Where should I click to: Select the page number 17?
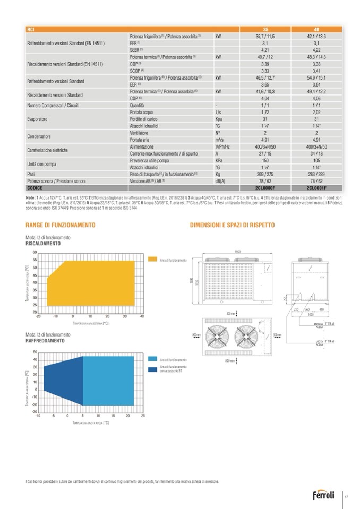point(346,497)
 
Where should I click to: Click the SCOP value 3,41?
point(316,70)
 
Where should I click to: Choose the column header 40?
point(316,29)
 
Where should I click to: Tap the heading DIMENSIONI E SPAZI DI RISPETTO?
point(232,226)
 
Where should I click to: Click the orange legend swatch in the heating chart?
point(153,260)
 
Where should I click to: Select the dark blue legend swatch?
point(153,368)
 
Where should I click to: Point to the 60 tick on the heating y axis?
point(35,252)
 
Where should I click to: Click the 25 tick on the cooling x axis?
point(143,416)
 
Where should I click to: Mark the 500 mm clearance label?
point(277,334)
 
